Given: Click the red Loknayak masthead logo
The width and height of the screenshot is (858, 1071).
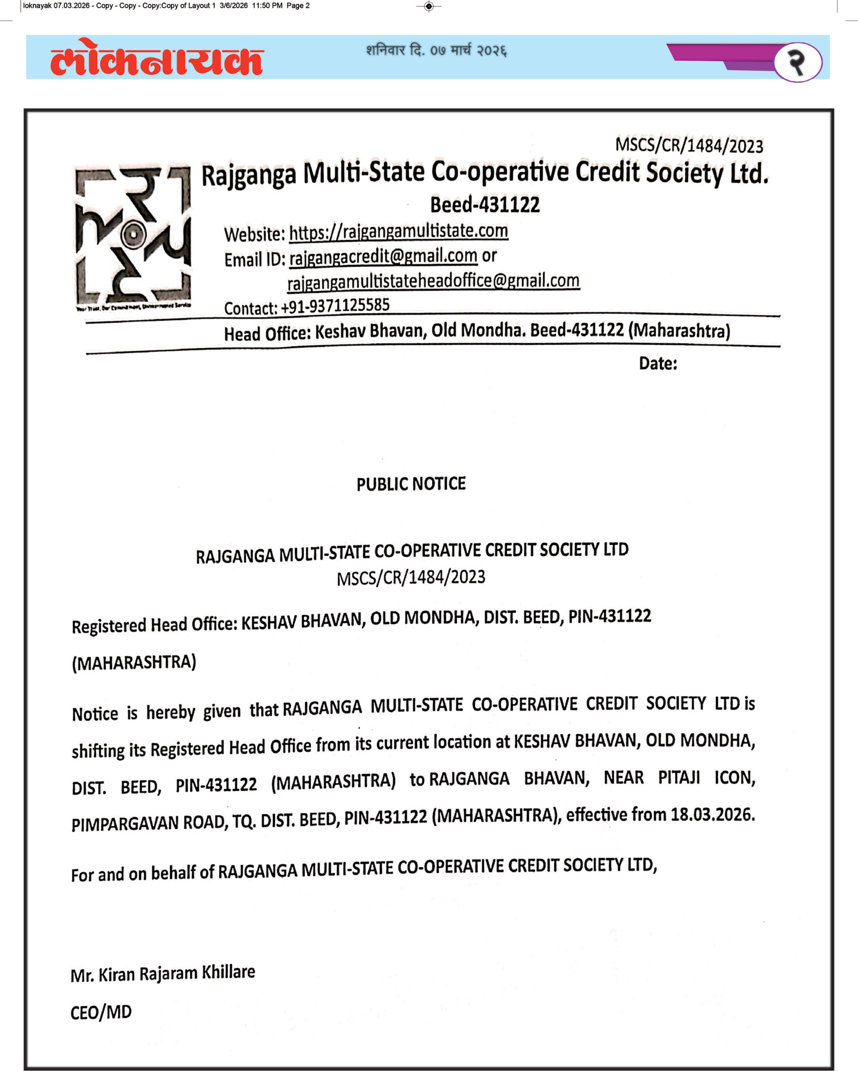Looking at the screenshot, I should click(x=156, y=57).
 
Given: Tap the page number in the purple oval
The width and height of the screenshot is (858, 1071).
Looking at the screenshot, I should click(x=797, y=62).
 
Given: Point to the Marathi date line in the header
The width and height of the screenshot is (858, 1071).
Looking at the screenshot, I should click(x=436, y=51).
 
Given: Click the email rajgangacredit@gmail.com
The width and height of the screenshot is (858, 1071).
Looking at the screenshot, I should click(x=383, y=257).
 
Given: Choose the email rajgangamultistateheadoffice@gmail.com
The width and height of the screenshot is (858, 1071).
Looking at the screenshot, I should click(x=433, y=282).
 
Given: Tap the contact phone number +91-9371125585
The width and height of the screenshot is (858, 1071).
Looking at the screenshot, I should click(x=335, y=305).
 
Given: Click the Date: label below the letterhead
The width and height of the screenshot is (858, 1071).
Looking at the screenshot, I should click(x=658, y=364).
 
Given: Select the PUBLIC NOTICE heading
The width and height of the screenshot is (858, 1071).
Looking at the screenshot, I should click(x=411, y=484).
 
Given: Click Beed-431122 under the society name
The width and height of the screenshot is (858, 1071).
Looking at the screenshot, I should click(x=485, y=205).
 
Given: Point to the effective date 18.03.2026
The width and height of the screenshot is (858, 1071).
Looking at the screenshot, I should click(x=712, y=815).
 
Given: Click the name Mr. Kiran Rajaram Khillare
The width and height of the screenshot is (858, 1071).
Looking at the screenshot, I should click(x=162, y=974).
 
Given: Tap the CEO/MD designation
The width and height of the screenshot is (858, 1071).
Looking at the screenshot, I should click(x=101, y=1012).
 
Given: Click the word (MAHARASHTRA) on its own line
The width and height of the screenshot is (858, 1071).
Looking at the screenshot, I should click(x=134, y=663).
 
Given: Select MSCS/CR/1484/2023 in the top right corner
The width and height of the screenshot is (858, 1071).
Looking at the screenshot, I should click(x=689, y=146).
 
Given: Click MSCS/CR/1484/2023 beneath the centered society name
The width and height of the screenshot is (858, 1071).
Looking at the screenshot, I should click(x=411, y=578).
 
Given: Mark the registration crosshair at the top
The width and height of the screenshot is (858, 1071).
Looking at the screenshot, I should click(x=429, y=6).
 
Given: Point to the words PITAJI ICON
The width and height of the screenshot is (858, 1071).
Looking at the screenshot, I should click(x=707, y=778).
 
